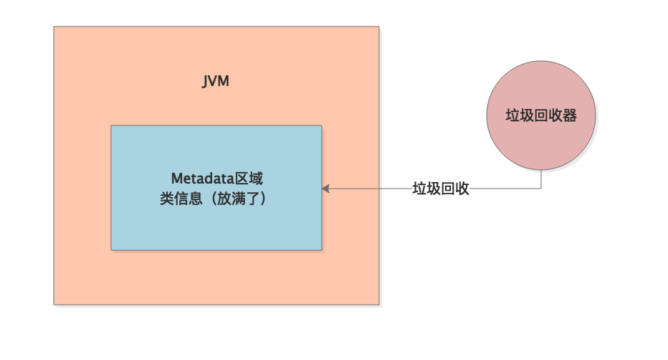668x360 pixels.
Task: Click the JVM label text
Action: [216, 80]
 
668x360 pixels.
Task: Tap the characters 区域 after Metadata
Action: [239, 179]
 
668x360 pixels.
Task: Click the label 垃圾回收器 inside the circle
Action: [540, 115]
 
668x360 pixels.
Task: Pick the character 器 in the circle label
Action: [570, 115]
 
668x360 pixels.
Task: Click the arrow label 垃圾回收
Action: [441, 189]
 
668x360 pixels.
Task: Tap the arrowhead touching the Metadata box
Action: [325, 189]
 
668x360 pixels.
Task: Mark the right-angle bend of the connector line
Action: [541, 189]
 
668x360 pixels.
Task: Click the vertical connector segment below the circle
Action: [541, 179]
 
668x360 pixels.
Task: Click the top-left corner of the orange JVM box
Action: [54, 27]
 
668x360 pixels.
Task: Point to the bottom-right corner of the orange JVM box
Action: [378, 304]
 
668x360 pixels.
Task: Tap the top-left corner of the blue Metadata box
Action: [112, 126]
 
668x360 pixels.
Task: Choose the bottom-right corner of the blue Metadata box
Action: [321, 250]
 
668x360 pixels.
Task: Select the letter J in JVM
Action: [205, 80]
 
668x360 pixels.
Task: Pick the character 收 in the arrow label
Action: [462, 189]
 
